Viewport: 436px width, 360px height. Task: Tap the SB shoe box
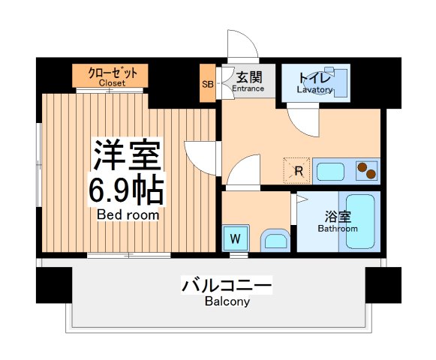click(208, 83)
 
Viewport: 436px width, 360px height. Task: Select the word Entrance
click(248, 88)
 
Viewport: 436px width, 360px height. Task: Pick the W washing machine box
click(235, 239)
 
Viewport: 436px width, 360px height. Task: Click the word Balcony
click(226, 302)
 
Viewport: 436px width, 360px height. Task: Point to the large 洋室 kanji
click(127, 155)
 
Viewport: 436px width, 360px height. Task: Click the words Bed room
click(127, 214)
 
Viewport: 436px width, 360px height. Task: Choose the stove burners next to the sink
click(366, 171)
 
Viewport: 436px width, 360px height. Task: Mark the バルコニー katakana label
click(226, 286)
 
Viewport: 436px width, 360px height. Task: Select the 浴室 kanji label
click(337, 216)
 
